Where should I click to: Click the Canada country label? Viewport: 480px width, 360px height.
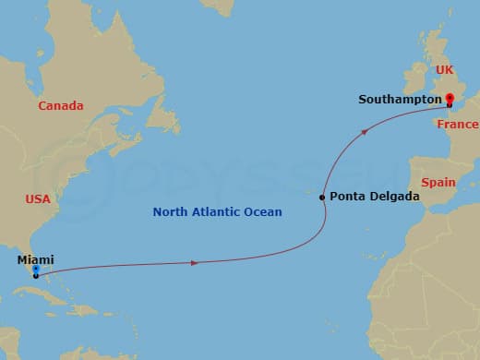tap(61, 106)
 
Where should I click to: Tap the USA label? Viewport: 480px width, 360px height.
tap(38, 199)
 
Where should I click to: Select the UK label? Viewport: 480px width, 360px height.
tap(446, 70)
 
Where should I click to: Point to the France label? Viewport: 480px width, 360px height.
tap(458, 125)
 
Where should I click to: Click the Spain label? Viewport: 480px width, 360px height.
tap(438, 183)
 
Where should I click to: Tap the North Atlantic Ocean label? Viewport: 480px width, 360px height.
tap(217, 212)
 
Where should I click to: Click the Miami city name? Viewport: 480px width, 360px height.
tap(34, 260)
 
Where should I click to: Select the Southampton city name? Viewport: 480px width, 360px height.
tap(398, 99)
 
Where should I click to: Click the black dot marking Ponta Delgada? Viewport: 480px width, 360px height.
tap(322, 198)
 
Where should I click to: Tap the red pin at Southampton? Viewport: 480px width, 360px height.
tap(449, 98)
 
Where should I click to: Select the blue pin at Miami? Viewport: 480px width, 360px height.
tap(35, 270)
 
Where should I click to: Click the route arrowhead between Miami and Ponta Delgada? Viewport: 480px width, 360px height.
tap(194, 263)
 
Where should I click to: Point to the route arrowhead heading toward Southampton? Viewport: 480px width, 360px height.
tap(366, 132)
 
